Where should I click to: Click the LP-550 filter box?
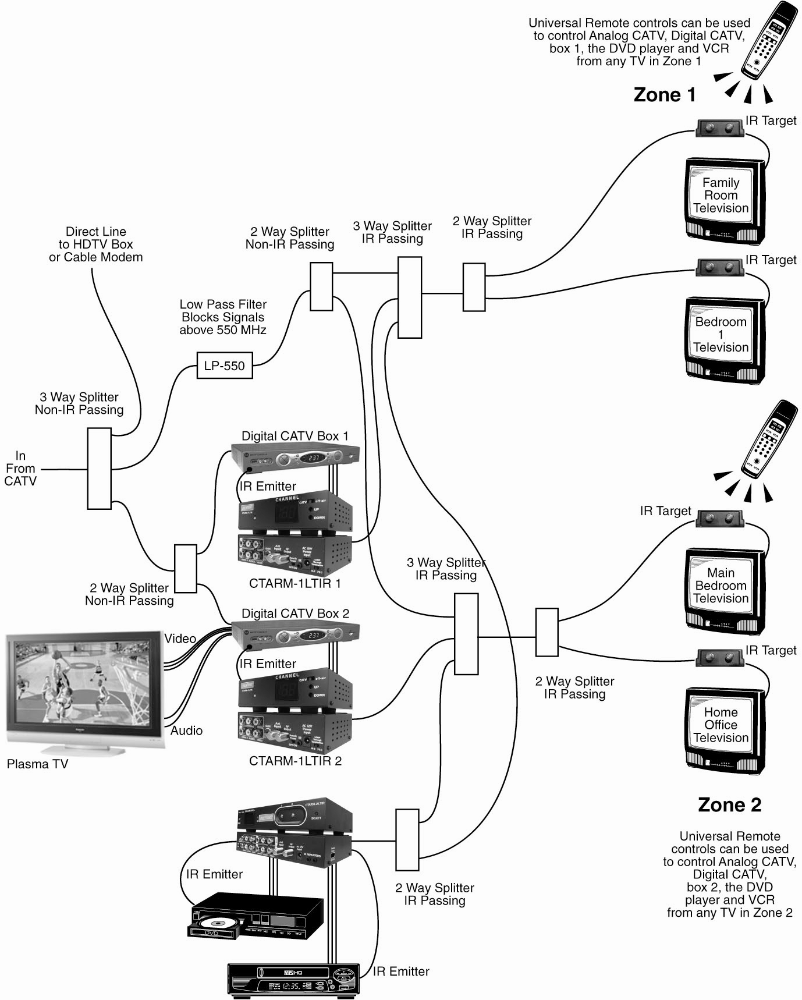tap(225, 366)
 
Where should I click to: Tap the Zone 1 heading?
tap(664, 95)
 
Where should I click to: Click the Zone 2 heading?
tap(729, 805)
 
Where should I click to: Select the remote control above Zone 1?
tap(768, 41)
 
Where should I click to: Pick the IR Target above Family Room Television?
tap(720, 127)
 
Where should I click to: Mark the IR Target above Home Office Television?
tap(720, 658)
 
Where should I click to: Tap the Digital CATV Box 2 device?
tap(295, 634)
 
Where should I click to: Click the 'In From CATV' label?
tap(20, 469)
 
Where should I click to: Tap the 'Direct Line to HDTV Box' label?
tap(95, 244)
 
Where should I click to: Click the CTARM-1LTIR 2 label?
tap(295, 761)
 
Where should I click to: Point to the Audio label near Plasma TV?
tap(186, 731)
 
